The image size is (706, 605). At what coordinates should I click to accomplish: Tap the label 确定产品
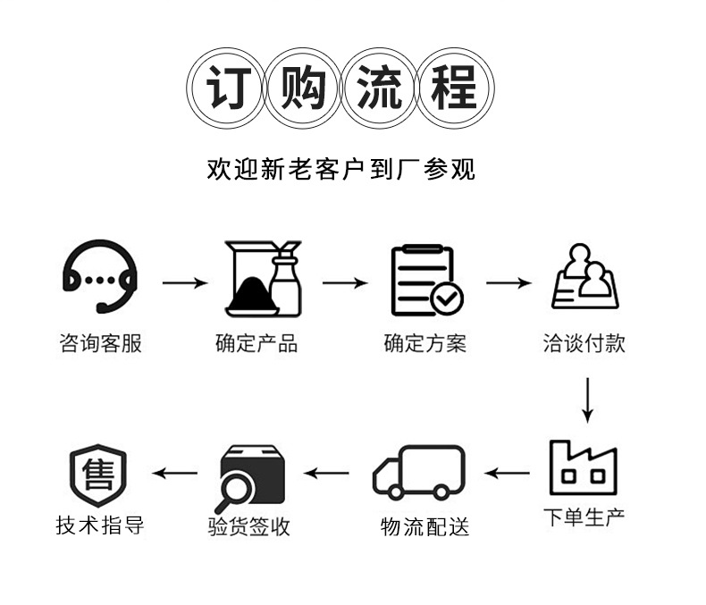256,343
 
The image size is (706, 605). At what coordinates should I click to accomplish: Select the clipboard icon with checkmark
426,281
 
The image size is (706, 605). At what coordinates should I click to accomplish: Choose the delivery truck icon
420,473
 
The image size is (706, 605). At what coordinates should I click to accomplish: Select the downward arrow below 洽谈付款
587,399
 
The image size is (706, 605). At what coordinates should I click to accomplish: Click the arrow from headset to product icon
184,284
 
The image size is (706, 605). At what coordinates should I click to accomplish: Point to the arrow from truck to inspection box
327,473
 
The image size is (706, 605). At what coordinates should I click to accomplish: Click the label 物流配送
424,526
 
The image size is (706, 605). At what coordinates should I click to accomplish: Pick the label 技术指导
100,525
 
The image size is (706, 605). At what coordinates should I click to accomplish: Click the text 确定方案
425,343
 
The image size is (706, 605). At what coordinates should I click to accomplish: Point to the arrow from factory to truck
507,473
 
